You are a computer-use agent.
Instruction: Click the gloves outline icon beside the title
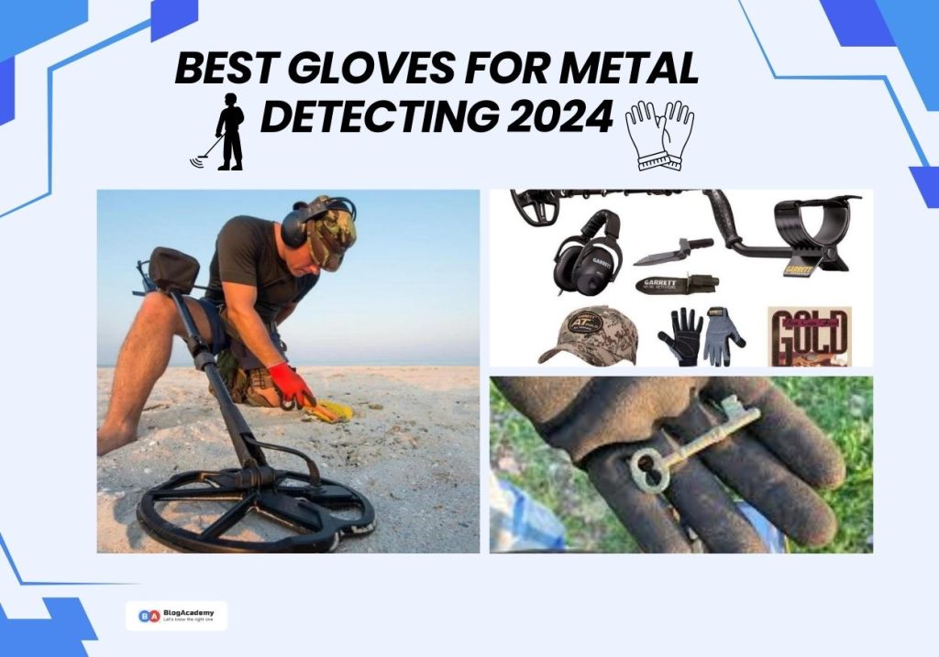(658, 135)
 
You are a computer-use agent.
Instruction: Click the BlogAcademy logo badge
(176, 616)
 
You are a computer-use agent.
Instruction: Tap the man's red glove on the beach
(290, 384)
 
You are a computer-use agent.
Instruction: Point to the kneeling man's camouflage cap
(330, 229)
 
